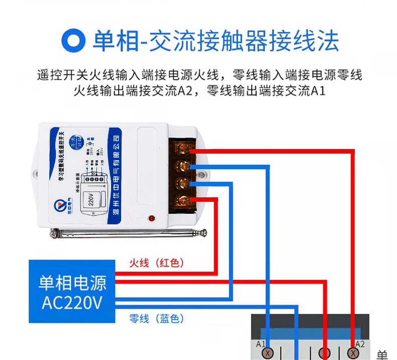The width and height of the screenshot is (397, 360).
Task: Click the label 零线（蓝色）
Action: tap(156, 318)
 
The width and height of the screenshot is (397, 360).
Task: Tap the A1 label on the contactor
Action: tap(260, 344)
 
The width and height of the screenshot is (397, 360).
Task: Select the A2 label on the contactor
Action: tap(360, 344)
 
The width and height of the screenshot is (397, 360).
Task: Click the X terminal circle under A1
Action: tap(269, 353)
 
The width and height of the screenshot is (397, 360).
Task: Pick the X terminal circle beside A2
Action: tap(354, 353)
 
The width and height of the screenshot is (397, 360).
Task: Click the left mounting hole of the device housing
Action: tap(37, 173)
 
